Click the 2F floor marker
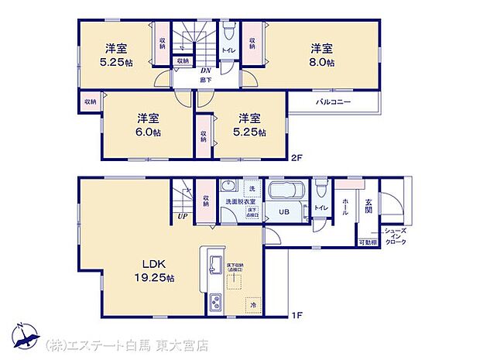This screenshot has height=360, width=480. (297, 158)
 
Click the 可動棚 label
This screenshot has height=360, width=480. (367, 243)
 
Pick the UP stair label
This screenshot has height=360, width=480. (183, 217)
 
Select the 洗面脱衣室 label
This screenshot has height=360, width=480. (238, 201)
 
